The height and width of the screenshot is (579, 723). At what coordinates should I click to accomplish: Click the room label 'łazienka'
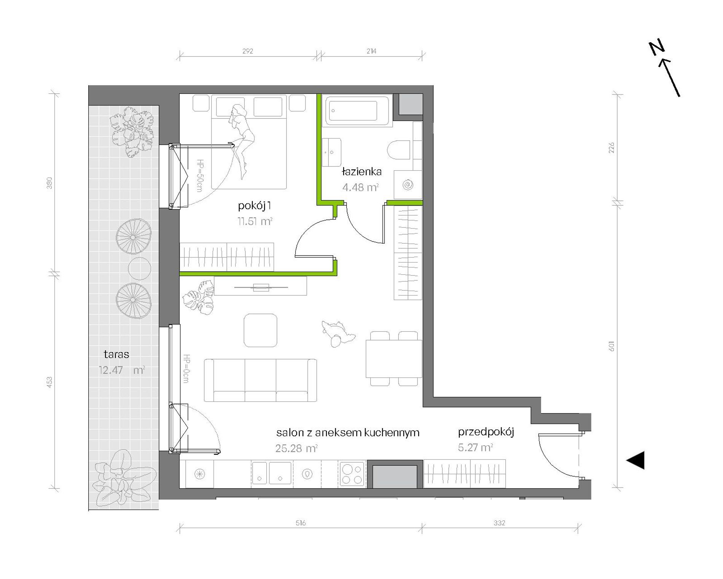(x=361, y=171)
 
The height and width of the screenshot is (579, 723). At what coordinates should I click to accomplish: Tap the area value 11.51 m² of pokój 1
(x=255, y=221)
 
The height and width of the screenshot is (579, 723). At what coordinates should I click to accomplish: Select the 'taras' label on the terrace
(x=116, y=354)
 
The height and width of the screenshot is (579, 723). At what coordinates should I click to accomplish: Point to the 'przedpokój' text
(x=486, y=432)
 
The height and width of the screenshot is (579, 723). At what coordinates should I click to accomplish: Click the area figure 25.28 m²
(x=296, y=448)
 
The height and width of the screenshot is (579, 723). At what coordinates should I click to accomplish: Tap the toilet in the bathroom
(x=400, y=150)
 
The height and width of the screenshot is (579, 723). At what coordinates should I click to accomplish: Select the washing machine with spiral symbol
(x=408, y=185)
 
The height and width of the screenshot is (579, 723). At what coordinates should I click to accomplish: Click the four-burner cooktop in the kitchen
(x=352, y=474)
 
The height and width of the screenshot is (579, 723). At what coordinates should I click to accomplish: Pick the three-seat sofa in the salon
(x=260, y=380)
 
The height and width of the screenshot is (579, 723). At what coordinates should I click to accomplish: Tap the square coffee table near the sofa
(x=260, y=330)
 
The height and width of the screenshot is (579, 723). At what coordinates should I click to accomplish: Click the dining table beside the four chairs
(x=394, y=358)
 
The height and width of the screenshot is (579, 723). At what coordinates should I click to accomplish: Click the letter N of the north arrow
(x=657, y=47)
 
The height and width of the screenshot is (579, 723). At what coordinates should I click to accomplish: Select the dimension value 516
(x=301, y=523)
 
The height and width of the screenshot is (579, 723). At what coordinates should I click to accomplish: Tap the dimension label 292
(x=248, y=51)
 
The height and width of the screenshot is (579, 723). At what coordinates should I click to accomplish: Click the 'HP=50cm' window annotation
(x=199, y=175)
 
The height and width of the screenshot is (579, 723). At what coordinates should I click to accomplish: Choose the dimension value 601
(x=612, y=346)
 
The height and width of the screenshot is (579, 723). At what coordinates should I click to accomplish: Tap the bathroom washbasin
(x=331, y=152)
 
